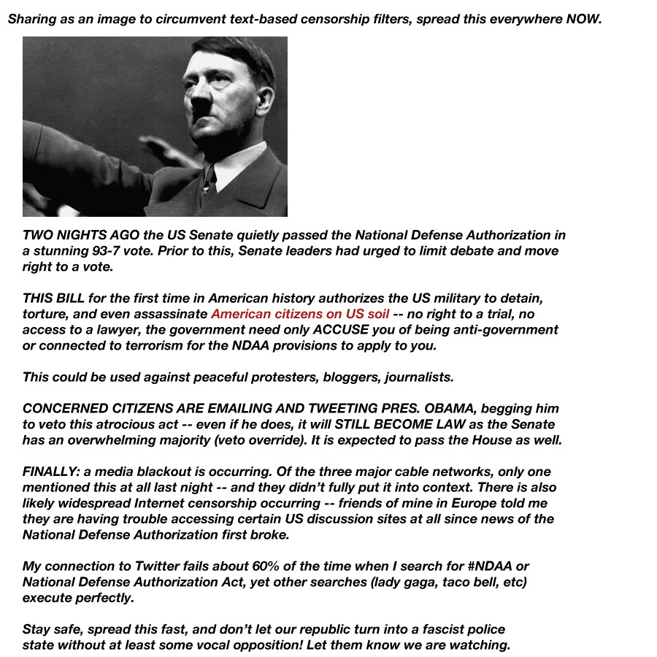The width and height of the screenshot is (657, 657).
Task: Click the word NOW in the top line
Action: click(584, 19)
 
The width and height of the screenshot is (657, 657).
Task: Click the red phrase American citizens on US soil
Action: click(300, 314)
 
